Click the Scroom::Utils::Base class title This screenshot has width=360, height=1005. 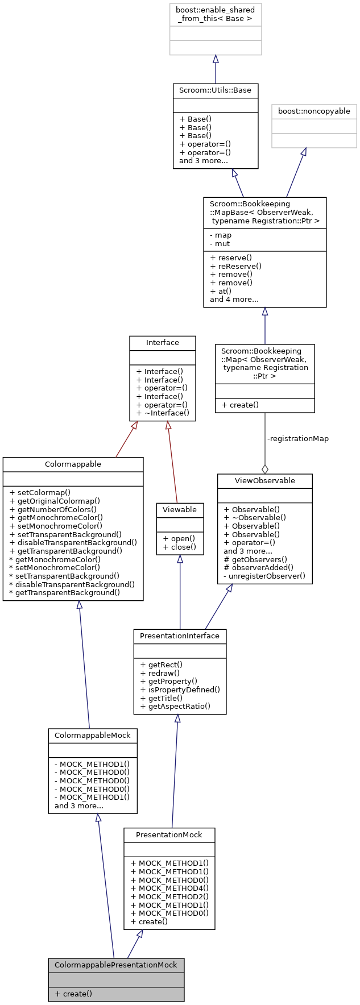click(216, 90)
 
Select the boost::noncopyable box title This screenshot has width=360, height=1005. click(314, 111)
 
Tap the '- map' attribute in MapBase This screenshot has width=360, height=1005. click(221, 235)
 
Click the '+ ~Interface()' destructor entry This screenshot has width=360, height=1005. click(163, 413)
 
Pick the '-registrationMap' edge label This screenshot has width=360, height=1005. click(297, 439)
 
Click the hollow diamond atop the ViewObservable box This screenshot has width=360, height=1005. click(264, 469)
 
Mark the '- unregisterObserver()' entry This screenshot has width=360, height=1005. click(264, 576)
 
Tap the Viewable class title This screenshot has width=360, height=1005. click(180, 510)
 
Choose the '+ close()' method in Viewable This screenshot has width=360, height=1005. click(179, 547)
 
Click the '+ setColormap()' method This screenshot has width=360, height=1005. click(40, 493)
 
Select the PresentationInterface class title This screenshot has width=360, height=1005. click(180, 636)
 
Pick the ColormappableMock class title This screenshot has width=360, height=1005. click(93, 736)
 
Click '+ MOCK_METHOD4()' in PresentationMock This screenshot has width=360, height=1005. click(169, 888)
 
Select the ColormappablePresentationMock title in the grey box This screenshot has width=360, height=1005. click(116, 965)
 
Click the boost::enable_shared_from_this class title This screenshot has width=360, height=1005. click(216, 15)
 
